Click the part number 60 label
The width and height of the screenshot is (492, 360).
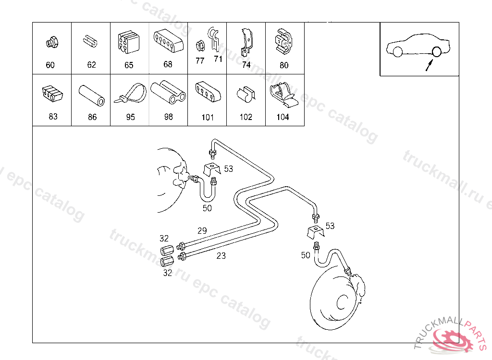(x=50, y=65)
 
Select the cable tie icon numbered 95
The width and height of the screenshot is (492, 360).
(x=130, y=94)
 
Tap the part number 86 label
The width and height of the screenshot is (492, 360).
(x=92, y=117)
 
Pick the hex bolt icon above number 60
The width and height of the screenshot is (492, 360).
(x=52, y=43)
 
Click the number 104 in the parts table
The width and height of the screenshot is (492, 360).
(x=283, y=117)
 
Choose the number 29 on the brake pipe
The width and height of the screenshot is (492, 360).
(x=202, y=231)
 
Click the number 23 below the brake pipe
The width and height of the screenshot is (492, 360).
(x=221, y=256)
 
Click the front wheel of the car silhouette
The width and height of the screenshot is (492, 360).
(x=397, y=51)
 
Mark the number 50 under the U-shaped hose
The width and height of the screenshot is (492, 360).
(x=207, y=208)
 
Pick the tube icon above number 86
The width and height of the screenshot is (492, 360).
(x=92, y=95)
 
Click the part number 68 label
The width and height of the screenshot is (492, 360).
(x=168, y=64)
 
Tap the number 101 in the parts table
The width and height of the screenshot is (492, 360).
(x=208, y=117)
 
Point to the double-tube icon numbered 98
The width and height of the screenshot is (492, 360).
(x=168, y=92)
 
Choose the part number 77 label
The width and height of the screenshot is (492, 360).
(x=200, y=61)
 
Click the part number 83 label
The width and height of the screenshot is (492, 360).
(x=53, y=117)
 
